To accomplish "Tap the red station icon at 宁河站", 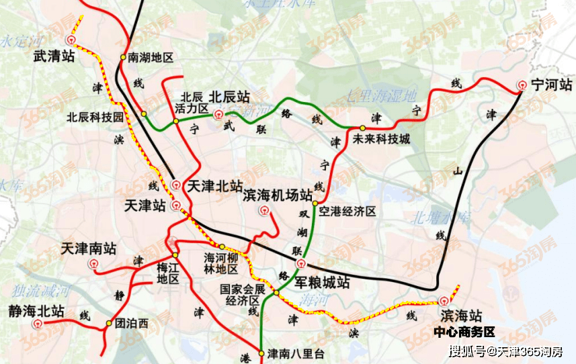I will point(522,85).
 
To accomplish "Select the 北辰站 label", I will point(229,97).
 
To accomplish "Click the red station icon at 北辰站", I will point(217,114).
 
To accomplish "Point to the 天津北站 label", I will point(214,185).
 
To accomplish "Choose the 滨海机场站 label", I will point(277,195).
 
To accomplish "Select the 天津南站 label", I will point(89,248).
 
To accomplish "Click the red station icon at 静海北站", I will point(36,324).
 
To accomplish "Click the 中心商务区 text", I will point(464,332).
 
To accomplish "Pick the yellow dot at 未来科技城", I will point(362,128).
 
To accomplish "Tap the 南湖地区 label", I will point(151,58).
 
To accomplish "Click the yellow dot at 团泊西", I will point(108,324).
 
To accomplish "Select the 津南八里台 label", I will point(296,353).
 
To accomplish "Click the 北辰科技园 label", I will point(95,116).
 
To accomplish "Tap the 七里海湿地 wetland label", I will point(382,95).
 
